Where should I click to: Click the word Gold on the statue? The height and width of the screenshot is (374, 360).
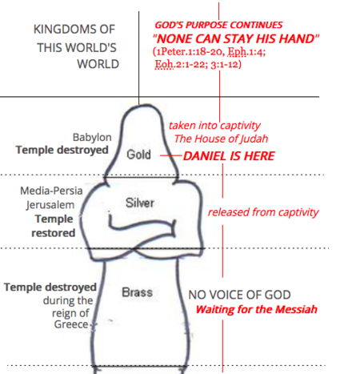tap(138, 155)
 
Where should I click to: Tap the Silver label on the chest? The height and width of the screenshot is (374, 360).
tap(140, 203)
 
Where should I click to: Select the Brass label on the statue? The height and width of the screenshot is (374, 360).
tap(137, 292)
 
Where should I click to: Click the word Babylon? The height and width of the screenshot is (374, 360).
tap(92, 137)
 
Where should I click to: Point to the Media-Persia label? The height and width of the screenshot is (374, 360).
tap(51, 191)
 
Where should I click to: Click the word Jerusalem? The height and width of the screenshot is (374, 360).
tap(50, 205)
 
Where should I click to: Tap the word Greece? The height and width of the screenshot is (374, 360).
tap(71, 324)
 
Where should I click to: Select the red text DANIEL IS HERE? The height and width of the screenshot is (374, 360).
tap(229, 156)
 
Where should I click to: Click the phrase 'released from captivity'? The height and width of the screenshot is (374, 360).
tap(263, 212)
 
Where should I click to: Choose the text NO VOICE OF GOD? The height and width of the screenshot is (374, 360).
tap(239, 295)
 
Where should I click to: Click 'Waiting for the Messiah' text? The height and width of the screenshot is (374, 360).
tap(257, 309)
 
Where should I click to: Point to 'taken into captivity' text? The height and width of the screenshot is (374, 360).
tap(214, 126)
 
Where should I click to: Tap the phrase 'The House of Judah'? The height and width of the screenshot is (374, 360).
tap(221, 139)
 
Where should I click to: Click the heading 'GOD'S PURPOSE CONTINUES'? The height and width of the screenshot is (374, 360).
tap(218, 25)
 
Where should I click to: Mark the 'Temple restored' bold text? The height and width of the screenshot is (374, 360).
tap(54, 226)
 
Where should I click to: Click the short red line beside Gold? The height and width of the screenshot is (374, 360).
tap(171, 155)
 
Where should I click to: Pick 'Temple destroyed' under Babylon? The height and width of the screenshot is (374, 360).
tap(62, 150)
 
